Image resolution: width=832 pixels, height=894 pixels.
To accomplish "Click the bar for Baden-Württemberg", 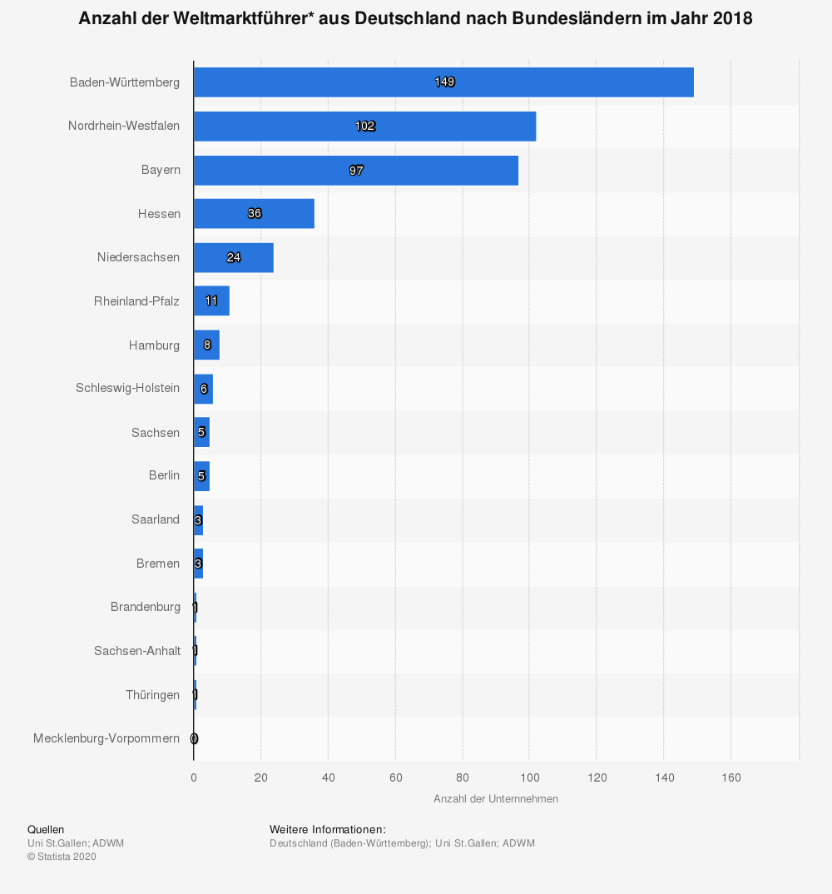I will (x=443, y=82).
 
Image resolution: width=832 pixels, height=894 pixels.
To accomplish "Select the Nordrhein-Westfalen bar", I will (x=364, y=126).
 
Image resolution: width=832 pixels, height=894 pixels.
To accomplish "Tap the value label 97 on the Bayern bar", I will (x=356, y=171).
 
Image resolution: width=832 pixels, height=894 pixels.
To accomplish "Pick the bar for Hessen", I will (x=254, y=214).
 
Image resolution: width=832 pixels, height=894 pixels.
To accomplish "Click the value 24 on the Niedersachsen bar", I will (x=234, y=257).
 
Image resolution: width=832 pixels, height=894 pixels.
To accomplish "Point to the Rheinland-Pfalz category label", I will (x=136, y=301).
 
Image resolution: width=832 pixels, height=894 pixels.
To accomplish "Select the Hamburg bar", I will (x=206, y=345).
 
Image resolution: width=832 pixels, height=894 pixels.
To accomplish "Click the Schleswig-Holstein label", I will (x=127, y=388).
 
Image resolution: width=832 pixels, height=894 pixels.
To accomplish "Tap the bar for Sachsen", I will (x=201, y=432).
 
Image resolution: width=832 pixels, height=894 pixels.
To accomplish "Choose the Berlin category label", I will (x=164, y=475).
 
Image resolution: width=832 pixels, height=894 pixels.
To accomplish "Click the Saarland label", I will (x=155, y=519).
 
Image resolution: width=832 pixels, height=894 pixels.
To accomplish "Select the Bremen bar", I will (x=198, y=564).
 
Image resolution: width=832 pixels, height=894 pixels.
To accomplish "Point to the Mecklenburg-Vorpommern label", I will (x=106, y=738).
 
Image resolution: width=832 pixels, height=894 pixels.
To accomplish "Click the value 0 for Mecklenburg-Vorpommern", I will (x=194, y=738).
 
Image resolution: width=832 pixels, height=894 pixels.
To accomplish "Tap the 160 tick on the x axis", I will (x=730, y=777).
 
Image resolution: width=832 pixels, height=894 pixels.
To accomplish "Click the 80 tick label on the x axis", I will (x=462, y=777).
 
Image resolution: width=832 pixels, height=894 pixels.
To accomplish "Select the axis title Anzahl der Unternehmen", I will (x=495, y=799).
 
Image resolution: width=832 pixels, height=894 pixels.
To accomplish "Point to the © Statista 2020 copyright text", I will (x=62, y=857).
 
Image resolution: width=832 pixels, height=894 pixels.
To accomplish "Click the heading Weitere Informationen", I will (x=327, y=830).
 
